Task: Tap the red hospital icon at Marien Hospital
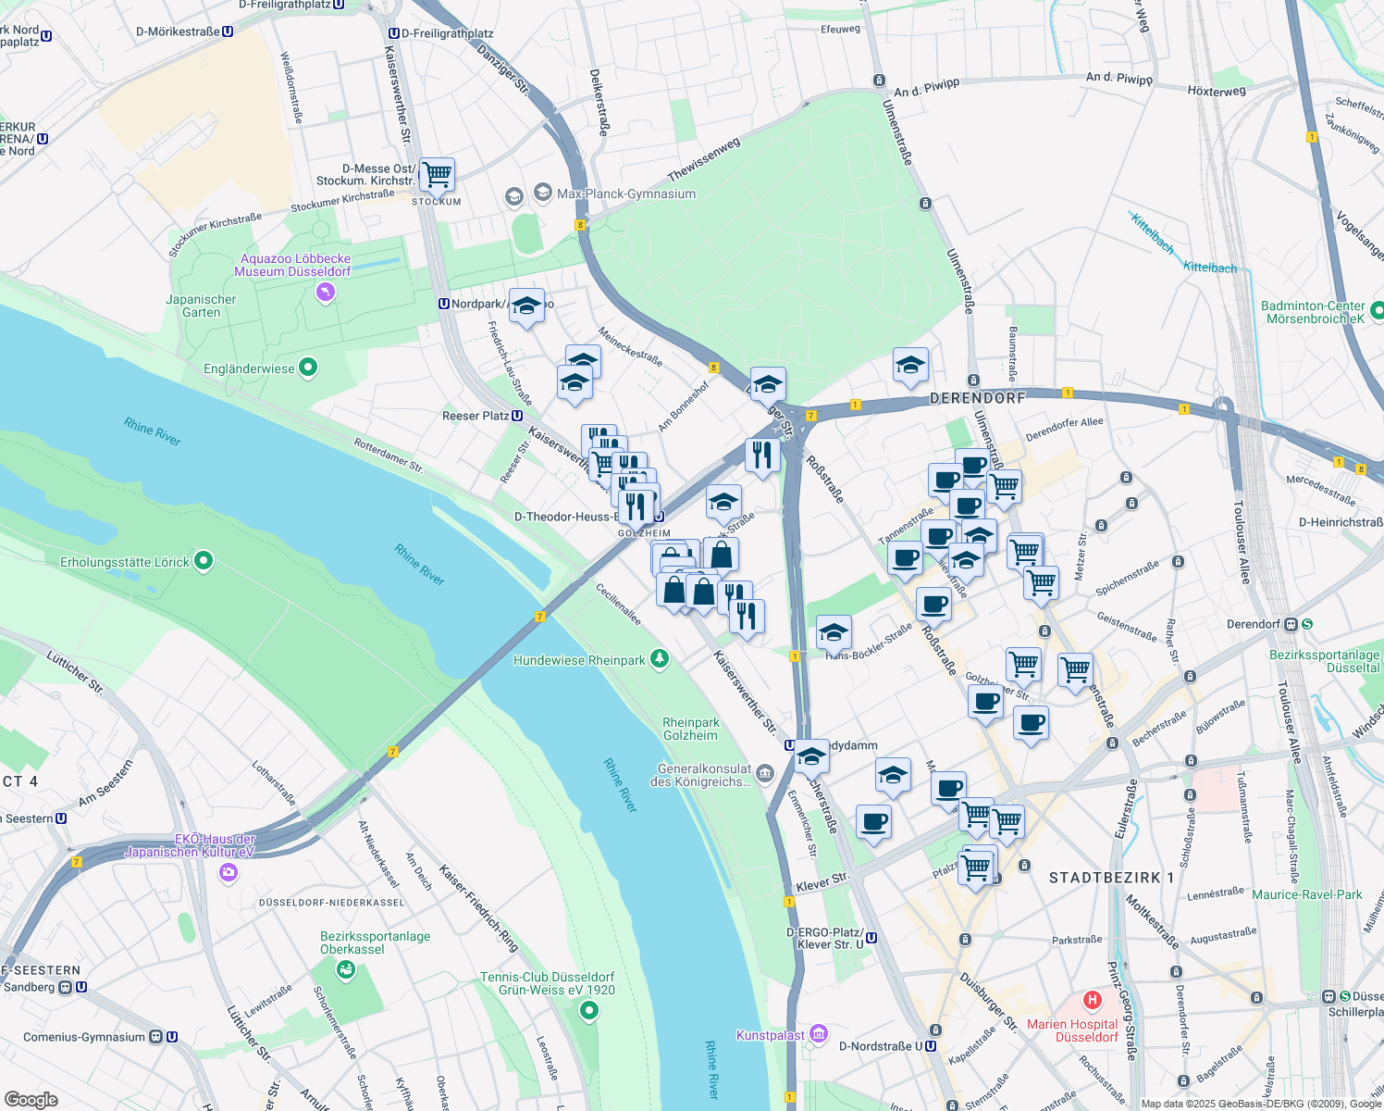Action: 1093,1000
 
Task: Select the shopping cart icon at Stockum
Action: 437,173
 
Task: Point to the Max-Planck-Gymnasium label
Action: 625,194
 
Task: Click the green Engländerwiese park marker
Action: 309,368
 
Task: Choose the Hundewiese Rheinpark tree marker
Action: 659,659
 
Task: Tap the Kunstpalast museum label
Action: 771,1035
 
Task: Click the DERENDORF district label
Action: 977,398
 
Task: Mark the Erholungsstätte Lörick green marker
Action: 204,561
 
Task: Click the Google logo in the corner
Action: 31,1099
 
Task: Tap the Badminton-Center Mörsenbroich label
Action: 1312,312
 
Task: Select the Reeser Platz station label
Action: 475,416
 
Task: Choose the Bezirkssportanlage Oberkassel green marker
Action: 346,969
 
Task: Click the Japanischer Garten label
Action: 201,306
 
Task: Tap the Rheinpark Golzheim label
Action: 690,729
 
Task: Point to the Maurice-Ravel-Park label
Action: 1306,894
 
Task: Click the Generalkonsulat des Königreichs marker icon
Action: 765,773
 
